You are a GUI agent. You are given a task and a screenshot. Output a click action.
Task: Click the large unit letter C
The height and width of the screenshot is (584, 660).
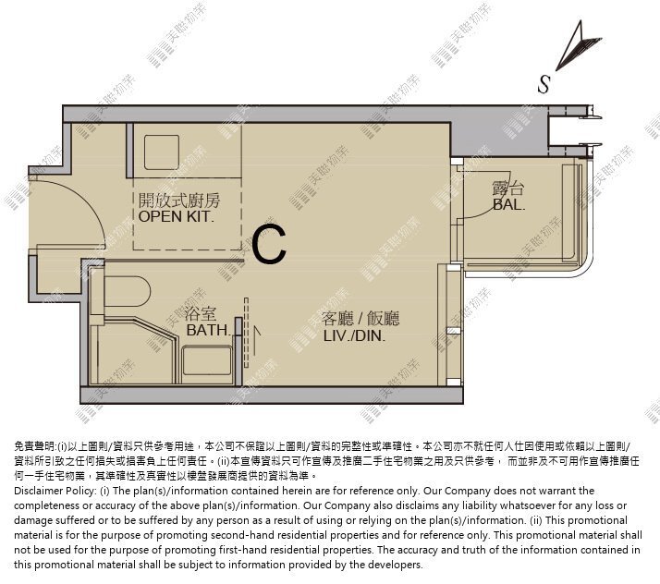coord(269,245)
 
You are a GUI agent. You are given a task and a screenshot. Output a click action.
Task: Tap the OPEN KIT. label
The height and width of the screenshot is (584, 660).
coord(176,216)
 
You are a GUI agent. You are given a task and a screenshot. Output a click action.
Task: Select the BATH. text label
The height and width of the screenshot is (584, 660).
coord(208,330)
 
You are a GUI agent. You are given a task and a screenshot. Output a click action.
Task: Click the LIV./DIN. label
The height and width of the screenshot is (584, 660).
coord(354,335)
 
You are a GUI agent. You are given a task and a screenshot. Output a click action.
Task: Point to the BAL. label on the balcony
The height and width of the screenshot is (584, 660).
coord(509,204)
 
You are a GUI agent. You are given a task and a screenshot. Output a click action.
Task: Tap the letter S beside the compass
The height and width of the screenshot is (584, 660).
coord(544,84)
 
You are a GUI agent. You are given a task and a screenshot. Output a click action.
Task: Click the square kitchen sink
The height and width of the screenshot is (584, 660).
coord(162,152)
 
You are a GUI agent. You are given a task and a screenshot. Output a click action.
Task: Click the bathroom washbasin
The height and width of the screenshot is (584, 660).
coord(207,360)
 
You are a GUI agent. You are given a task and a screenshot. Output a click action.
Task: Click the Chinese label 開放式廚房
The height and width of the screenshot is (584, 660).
coord(179,201)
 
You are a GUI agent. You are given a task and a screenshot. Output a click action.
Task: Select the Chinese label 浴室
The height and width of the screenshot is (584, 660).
coord(201,314)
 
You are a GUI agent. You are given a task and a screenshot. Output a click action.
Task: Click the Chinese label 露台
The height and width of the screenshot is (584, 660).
coord(509,189)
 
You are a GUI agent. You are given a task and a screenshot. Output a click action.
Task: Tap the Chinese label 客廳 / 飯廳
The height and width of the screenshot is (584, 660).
coord(361,319)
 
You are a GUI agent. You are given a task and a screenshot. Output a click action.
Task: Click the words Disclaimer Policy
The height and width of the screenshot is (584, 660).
coord(55,491)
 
